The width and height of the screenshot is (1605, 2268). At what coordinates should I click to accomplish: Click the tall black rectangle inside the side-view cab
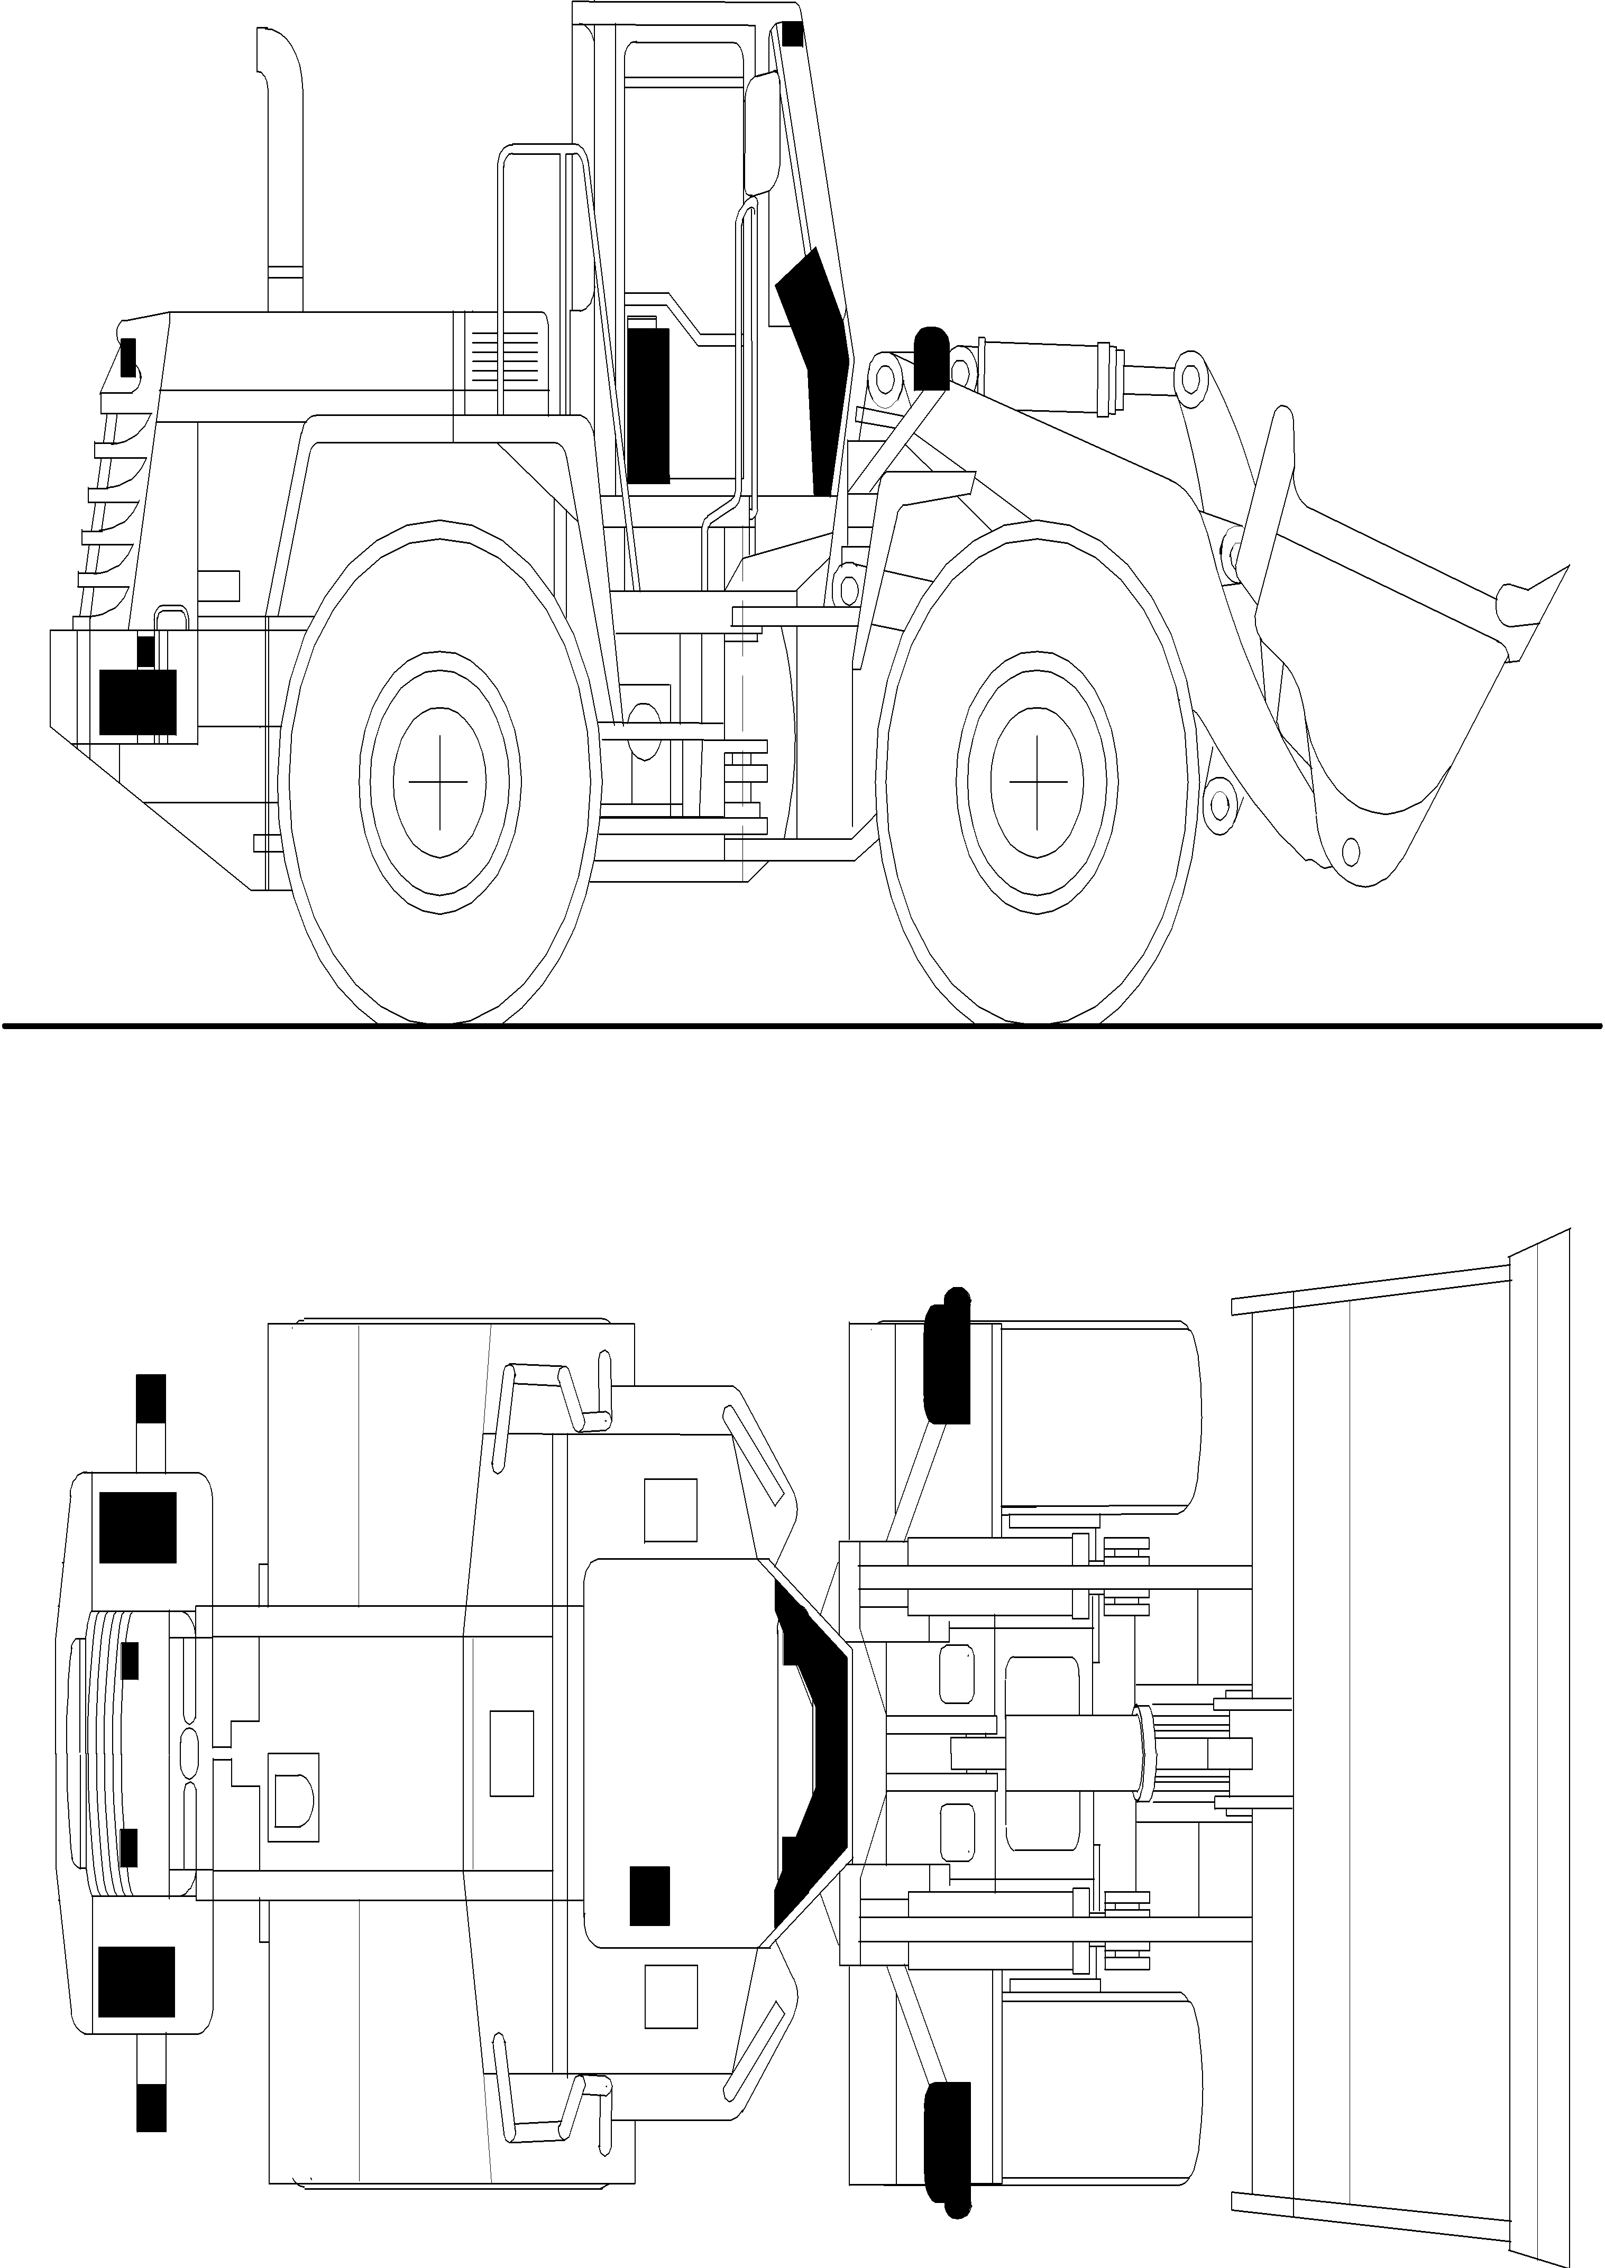pyautogui.click(x=648, y=405)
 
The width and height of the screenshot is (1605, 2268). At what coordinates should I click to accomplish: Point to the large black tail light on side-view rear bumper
pyautogui.click(x=139, y=701)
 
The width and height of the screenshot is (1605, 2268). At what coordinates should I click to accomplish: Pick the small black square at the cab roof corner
pyautogui.click(x=793, y=34)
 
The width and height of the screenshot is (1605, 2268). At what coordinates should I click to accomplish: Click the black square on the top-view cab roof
pyautogui.click(x=649, y=1895)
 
